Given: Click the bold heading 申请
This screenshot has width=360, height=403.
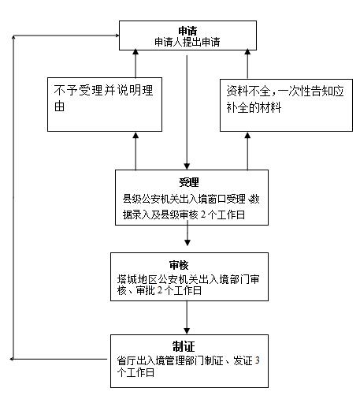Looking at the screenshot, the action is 187,31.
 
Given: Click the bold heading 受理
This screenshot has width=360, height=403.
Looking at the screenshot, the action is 189,182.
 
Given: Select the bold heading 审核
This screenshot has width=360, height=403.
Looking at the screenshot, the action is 179,265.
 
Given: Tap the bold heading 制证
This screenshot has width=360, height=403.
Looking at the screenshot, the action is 184,346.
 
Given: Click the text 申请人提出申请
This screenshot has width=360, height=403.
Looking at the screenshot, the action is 187,42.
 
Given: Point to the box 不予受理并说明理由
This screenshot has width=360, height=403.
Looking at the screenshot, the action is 105,104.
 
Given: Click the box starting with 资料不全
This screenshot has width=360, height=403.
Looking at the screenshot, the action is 286,105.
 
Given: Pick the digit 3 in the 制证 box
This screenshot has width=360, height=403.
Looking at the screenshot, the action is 258,360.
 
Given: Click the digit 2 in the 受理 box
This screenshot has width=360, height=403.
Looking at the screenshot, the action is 203,215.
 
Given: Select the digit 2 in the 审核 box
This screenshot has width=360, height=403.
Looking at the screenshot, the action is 160,290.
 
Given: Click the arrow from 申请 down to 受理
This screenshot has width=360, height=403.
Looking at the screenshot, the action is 187,112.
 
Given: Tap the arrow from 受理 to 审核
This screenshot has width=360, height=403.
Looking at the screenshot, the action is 187,233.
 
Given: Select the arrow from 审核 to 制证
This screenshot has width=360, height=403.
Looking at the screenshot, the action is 187,317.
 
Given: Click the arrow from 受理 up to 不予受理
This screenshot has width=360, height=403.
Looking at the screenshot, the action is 135,151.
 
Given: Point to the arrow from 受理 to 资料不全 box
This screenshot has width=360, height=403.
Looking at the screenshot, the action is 247,151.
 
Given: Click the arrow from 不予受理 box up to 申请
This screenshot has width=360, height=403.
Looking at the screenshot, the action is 135,63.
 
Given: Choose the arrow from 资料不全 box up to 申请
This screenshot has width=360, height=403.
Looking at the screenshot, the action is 247,64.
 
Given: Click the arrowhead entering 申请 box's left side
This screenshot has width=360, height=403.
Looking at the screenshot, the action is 117,35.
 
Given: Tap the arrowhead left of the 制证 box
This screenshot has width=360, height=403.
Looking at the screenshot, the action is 12,359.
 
